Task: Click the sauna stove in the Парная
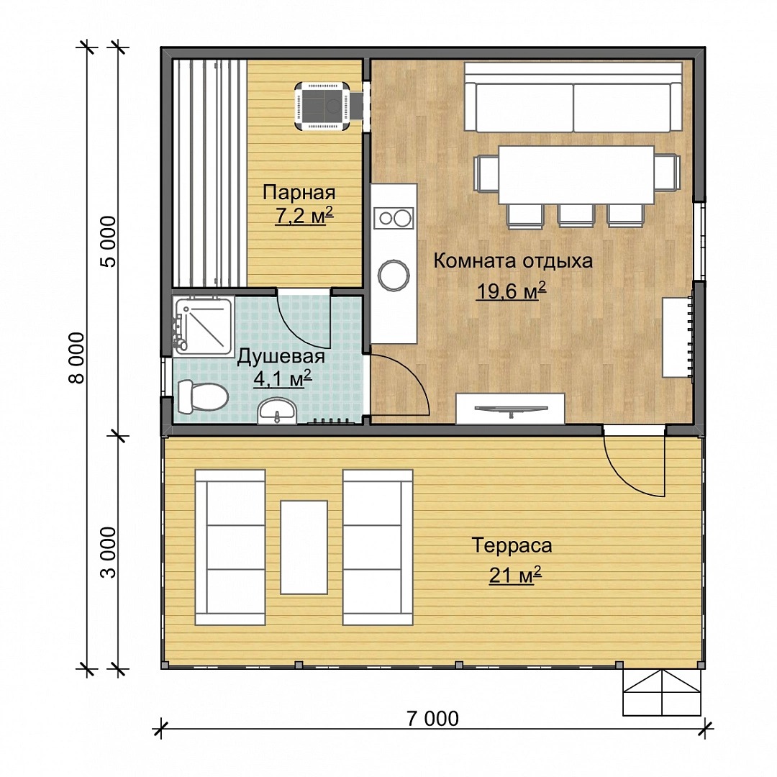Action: [323, 106]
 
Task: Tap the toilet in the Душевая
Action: [202, 396]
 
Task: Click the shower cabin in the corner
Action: [203, 326]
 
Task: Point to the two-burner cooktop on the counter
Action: [394, 219]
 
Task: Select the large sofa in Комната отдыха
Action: [573, 97]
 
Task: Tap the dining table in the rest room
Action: [576, 174]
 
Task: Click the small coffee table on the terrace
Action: [304, 547]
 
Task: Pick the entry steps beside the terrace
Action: [662, 693]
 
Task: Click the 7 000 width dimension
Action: [432, 719]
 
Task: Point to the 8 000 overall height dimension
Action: [76, 358]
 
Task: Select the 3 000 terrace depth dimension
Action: [107, 552]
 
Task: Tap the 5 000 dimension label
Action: [107, 241]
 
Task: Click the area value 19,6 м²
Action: [511, 291]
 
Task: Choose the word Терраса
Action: [512, 545]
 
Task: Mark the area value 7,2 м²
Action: [304, 216]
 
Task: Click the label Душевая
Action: [281, 357]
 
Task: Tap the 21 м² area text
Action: [515, 575]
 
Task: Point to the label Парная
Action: [299, 192]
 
